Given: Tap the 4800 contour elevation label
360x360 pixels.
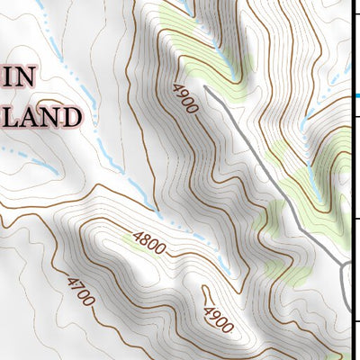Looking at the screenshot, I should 149,240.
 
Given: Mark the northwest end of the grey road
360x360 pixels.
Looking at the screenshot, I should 206,88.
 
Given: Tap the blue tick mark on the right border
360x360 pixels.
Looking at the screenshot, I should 356,95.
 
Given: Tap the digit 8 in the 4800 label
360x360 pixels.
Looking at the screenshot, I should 145,238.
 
